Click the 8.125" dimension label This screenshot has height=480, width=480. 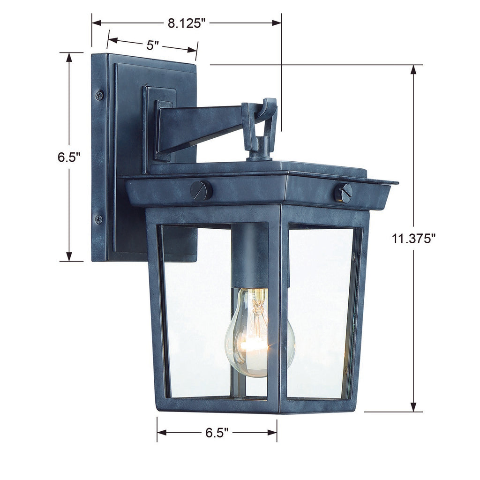point(186,23)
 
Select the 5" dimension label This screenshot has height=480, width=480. point(153,45)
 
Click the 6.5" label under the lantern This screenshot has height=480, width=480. point(216,433)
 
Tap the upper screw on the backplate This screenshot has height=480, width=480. point(99,95)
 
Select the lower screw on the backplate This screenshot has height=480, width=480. point(99,219)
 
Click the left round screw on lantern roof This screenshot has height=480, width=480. point(201,190)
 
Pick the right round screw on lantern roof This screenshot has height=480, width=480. point(344,193)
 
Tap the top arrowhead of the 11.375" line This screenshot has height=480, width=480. point(413,70)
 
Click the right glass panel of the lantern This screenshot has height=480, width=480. point(321,312)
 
